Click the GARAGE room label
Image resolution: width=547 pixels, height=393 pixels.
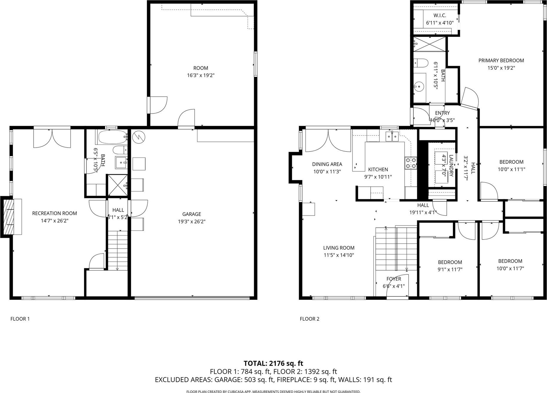click(192, 214)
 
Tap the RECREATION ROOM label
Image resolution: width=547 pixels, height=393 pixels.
click(55, 213)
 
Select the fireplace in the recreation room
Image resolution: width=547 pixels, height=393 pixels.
click(11, 217)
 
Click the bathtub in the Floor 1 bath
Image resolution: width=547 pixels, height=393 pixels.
click(113, 137)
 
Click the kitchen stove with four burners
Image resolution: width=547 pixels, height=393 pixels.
click(411, 163)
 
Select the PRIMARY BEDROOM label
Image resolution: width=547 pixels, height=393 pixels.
click(501, 60)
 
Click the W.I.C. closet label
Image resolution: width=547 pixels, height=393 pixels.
click(440, 15)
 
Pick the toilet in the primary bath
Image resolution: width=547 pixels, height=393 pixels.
click(421, 63)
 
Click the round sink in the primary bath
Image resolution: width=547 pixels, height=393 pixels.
click(419, 87)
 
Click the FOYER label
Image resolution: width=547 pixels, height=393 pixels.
click(394, 279)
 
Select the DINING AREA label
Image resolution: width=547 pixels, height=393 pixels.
click(327, 164)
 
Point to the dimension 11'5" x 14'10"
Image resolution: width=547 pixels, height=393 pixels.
click(339, 255)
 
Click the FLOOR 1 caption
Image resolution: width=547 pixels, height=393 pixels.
click(20, 319)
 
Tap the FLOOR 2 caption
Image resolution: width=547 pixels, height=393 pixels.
click(310, 319)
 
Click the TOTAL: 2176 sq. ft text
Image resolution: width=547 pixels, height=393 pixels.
click(273, 363)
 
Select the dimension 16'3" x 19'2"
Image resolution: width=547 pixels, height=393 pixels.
click(201, 76)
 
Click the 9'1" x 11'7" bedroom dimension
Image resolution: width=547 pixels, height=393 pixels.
click(450, 270)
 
